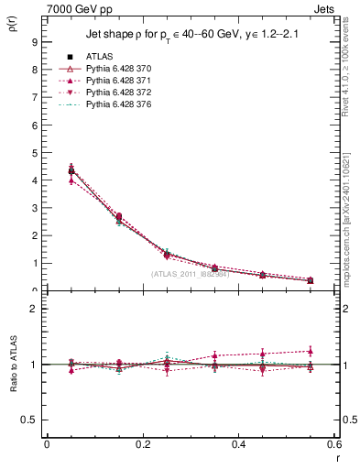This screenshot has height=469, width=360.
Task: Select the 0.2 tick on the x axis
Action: coord(142,444)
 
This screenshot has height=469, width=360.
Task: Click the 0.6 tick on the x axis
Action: coord(334,444)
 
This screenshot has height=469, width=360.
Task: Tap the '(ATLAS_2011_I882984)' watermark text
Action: coord(191,274)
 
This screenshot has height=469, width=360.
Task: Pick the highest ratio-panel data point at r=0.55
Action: coord(311,350)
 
